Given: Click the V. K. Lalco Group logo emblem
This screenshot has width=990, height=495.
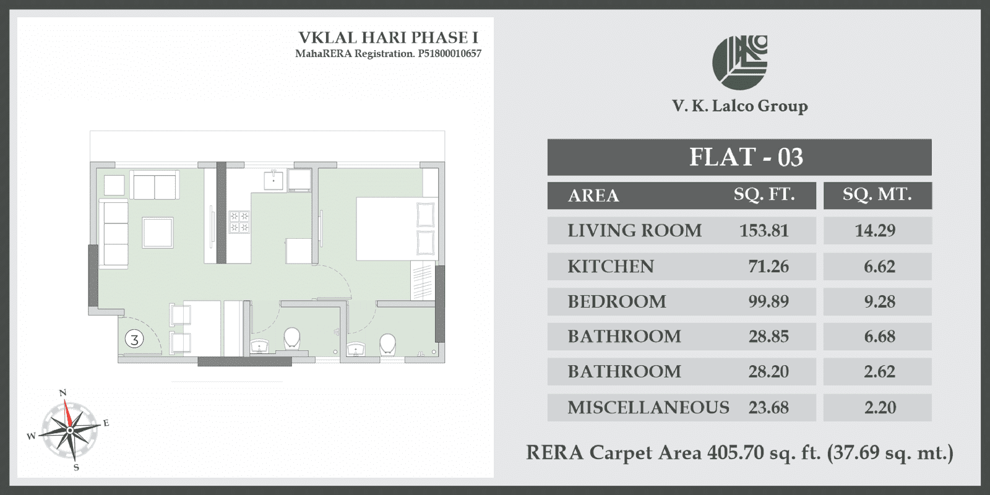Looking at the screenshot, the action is tap(739, 62).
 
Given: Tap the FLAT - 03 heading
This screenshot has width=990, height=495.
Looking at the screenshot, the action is tap(746, 157).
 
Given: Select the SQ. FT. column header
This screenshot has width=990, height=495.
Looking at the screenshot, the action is tap(764, 194).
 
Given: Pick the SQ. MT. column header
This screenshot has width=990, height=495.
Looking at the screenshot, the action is tap(877, 194).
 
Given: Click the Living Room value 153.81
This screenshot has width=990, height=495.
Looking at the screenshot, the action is tap(764, 231).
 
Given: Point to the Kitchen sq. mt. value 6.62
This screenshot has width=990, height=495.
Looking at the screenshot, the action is tap(879, 267).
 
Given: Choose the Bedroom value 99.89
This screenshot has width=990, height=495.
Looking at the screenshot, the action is tap(768, 301).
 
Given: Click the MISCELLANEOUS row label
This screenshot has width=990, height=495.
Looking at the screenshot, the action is tap(648, 408).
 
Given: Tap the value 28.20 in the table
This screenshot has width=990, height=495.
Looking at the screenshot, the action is tap(768, 372).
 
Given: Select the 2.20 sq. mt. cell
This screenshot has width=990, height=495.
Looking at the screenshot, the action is tap(880, 408).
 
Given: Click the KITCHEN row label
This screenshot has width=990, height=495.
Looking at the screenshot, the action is tap(611, 267).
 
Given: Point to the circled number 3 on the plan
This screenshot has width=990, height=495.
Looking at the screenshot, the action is tap(134, 339).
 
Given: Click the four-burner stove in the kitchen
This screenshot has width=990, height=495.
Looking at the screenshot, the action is tap(239, 222).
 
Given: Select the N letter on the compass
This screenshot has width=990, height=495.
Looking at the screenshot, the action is tap(62, 393).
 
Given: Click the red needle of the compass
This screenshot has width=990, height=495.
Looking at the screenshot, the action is tap(67, 414).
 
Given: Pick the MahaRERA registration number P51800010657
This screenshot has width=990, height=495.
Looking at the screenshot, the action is tap(449, 54).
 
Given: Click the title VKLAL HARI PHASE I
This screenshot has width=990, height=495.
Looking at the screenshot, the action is tap(389, 38).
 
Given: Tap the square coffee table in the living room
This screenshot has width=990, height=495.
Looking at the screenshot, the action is tap(158, 233).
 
